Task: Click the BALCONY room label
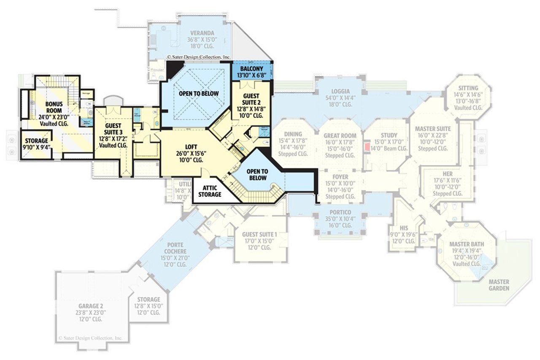click(251, 69)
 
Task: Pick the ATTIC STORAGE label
click(209, 191)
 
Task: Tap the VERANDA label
click(202, 33)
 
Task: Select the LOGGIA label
click(340, 91)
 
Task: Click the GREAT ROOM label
click(340, 136)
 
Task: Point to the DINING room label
click(293, 134)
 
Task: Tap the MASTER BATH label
click(466, 244)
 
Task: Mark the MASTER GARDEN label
click(498, 285)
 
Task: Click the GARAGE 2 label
click(91, 306)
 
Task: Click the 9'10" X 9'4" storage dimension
click(36, 147)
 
